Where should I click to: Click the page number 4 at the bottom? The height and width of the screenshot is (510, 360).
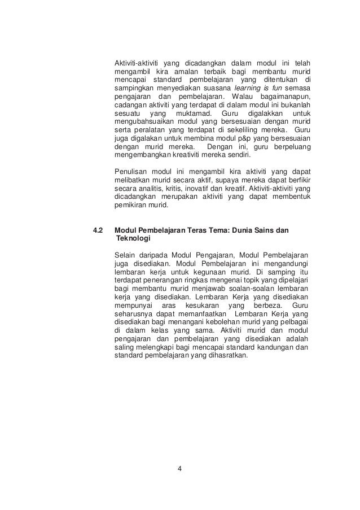click(x=179, y=468)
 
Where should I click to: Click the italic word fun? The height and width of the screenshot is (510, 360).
click(x=277, y=89)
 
